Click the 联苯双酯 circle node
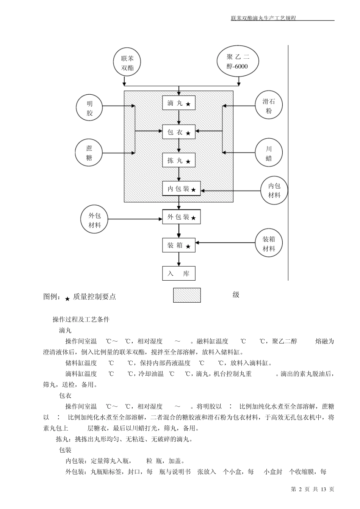[x=127, y=63]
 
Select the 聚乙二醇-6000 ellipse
[x=238, y=62]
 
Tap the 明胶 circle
[x=89, y=108]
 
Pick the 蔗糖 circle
[x=89, y=153]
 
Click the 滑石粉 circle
[x=269, y=106]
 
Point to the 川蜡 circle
[x=269, y=153]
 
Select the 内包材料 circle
[x=274, y=190]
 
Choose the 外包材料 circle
[x=95, y=220]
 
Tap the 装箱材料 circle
[x=269, y=244]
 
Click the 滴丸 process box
[x=179, y=103]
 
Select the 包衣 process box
[x=179, y=132]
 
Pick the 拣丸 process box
[x=179, y=161]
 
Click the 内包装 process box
[x=182, y=189]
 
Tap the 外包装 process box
[x=182, y=217]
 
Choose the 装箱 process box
[x=179, y=245]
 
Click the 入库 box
[x=179, y=274]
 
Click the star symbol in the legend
[x=67, y=299]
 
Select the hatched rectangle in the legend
[x=187, y=295]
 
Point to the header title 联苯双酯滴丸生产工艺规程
[x=263, y=18]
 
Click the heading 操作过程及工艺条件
[x=81, y=319]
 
